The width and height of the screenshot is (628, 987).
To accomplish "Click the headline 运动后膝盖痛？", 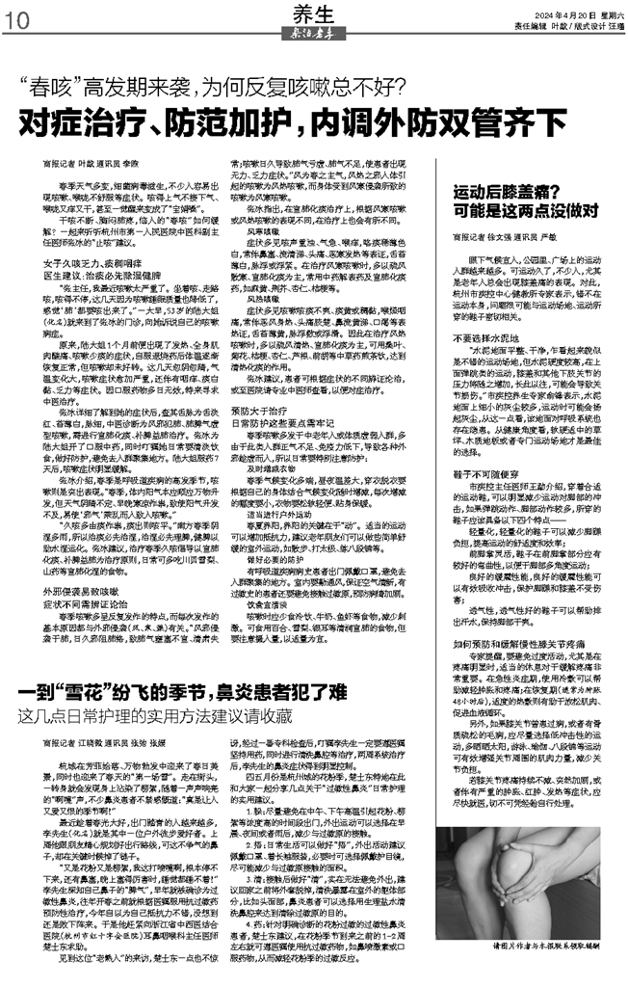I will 510,165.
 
